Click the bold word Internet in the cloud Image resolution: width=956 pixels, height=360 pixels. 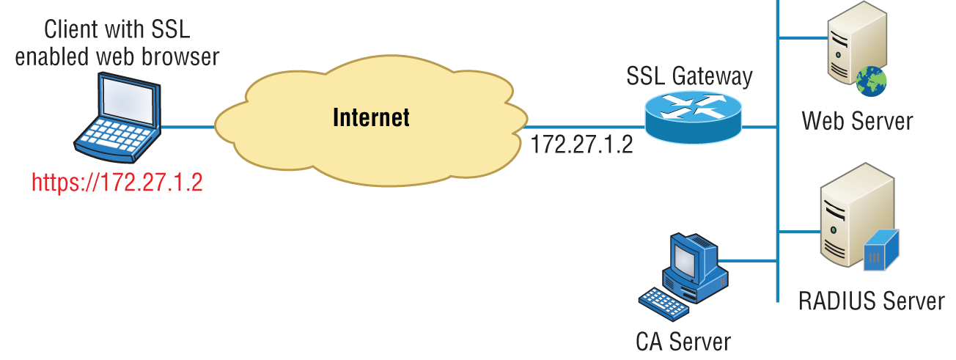pos(371,117)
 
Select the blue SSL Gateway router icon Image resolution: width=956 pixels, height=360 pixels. pos(694,116)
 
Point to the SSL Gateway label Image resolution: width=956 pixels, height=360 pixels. pos(689,76)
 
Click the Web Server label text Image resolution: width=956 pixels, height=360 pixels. pos(857,120)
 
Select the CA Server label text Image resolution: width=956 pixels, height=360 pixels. pos(683,341)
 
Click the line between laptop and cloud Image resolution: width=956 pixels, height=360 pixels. pos(188,127)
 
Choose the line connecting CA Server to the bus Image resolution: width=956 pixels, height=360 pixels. pos(748,261)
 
